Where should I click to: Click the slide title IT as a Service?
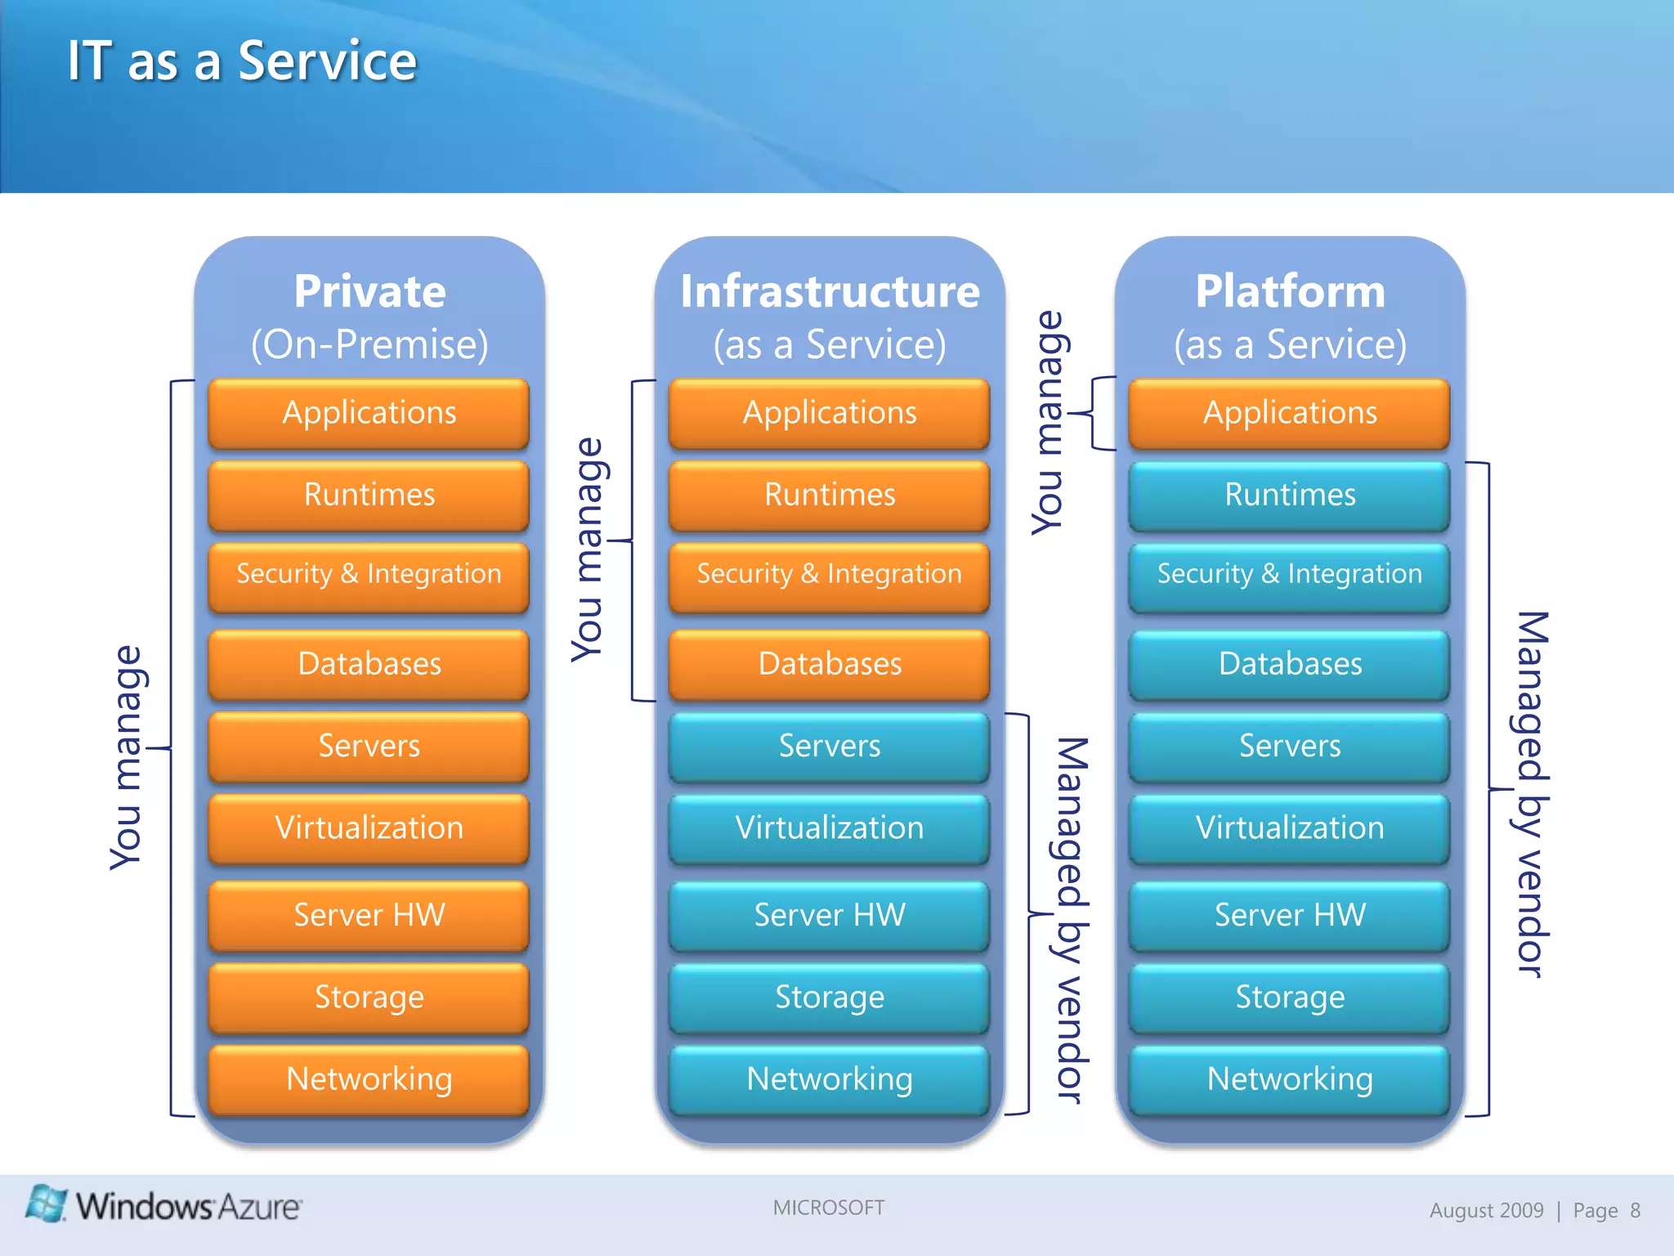pos(242,61)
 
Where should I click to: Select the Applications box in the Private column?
pos(369,413)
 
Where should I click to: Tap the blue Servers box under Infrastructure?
pos(829,746)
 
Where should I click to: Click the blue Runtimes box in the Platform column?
pos(1289,496)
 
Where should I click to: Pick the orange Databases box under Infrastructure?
pos(829,664)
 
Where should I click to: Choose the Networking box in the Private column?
pos(369,1079)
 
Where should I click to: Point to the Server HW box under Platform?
pos(1289,915)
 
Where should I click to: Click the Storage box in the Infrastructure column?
pos(829,998)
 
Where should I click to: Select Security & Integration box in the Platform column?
pos(1289,575)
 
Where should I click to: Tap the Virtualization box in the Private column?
pos(369,828)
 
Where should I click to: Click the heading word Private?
pos(369,292)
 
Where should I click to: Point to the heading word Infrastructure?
pos(829,292)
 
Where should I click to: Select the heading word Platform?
pos(1290,292)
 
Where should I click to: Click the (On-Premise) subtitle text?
pos(369,345)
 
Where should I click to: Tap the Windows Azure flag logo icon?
pos(46,1203)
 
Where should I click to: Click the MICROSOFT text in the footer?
pos(828,1208)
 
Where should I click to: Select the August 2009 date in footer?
pos(1486,1210)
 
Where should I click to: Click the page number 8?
pos(1635,1210)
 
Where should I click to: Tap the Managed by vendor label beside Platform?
pos(1532,793)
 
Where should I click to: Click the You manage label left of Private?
pos(127,757)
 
